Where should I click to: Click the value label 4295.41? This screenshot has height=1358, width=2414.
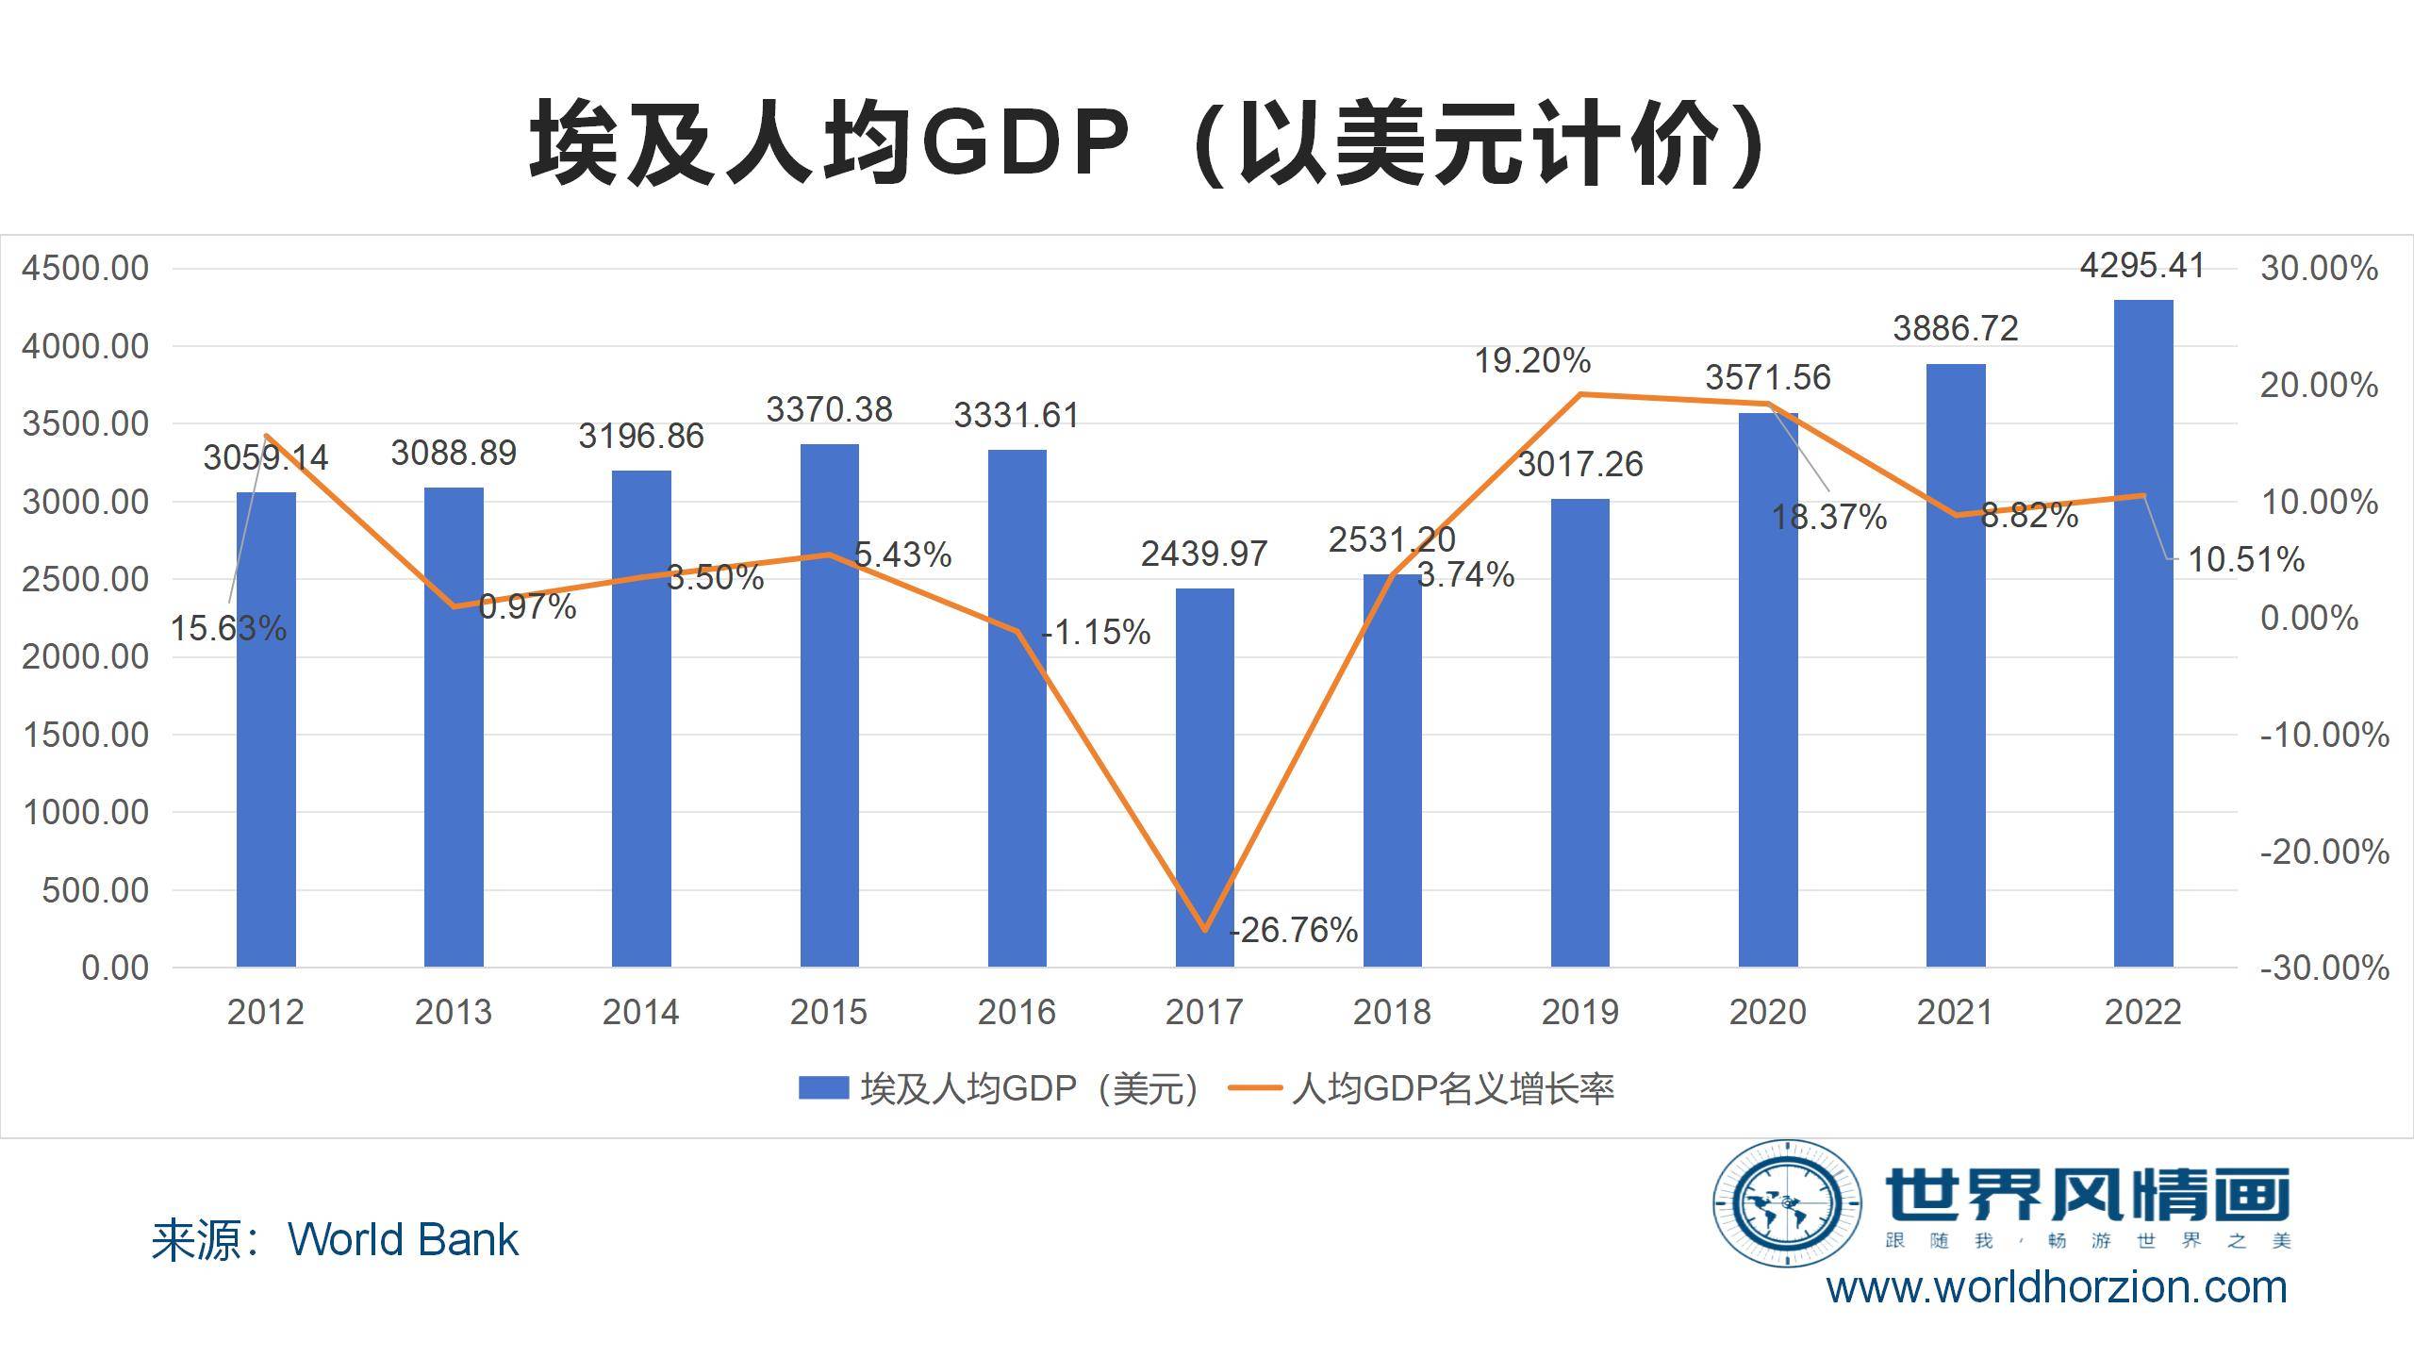[2142, 267]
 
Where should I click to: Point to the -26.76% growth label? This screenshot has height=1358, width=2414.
[1294, 931]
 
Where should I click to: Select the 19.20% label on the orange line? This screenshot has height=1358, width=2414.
[1532, 361]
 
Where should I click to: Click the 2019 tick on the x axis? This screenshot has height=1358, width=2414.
[1579, 1012]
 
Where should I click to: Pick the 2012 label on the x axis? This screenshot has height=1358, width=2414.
[266, 1012]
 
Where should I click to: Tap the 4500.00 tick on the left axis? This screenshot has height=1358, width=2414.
[85, 269]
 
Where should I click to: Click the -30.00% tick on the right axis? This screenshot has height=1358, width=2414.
[2324, 968]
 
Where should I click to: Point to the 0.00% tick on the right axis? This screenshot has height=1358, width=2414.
[2309, 619]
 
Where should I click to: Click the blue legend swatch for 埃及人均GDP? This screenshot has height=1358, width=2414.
[823, 1088]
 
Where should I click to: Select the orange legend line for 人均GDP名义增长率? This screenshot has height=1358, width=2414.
[1255, 1088]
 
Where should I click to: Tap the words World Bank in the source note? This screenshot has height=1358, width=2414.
[403, 1239]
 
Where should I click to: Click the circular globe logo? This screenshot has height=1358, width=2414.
[1786, 1203]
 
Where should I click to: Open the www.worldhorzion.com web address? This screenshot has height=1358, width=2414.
[2057, 1288]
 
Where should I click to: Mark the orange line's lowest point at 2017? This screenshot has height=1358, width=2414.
[1204, 930]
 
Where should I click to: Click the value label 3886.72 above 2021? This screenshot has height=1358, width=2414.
[1956, 329]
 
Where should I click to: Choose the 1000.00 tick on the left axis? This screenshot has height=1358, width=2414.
[85, 813]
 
